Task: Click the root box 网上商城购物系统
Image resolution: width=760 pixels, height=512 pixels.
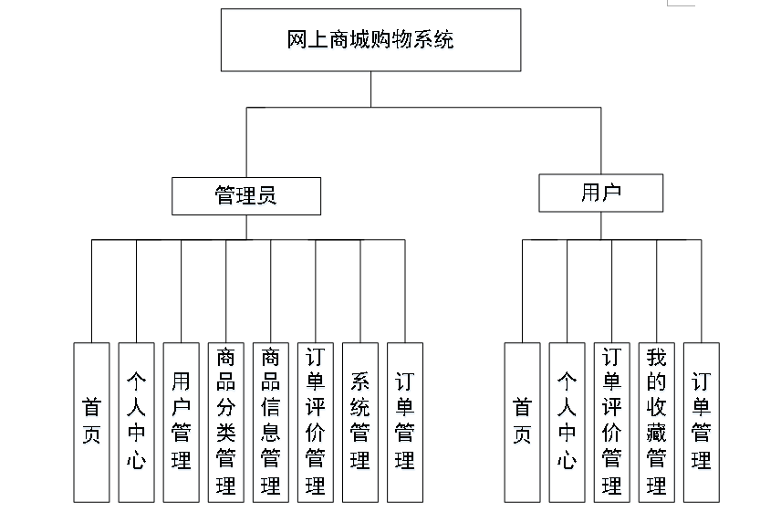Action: point(370,40)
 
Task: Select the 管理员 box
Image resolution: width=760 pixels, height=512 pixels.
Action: point(246,195)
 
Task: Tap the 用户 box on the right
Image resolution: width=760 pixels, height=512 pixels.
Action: point(600,193)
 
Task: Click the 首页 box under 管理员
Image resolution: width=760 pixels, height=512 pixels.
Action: point(91,422)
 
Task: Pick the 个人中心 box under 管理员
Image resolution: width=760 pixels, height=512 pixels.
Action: point(136,422)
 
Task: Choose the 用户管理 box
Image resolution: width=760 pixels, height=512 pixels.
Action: point(181,422)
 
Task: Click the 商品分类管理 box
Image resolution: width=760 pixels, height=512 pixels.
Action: point(225,422)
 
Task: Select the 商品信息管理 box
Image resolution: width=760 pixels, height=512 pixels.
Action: point(270,422)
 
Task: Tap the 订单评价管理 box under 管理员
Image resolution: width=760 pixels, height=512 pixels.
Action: point(315,422)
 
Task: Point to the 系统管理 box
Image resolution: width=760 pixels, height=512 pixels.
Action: point(360,422)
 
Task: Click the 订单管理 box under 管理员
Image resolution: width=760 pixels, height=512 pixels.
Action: point(405,422)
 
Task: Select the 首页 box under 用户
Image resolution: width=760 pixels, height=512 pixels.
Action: point(522,422)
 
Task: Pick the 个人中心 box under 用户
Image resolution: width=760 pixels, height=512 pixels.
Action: point(567,422)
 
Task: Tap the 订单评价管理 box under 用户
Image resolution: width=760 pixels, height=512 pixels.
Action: point(611,422)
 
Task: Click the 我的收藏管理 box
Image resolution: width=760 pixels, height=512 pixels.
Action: point(656,422)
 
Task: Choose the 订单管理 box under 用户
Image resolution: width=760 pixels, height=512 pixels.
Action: point(701,422)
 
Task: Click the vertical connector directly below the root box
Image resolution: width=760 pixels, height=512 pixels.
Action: point(370,89)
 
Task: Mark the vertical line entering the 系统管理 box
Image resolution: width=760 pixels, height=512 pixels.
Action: point(360,292)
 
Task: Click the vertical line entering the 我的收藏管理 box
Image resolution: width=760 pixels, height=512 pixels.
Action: point(656,292)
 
